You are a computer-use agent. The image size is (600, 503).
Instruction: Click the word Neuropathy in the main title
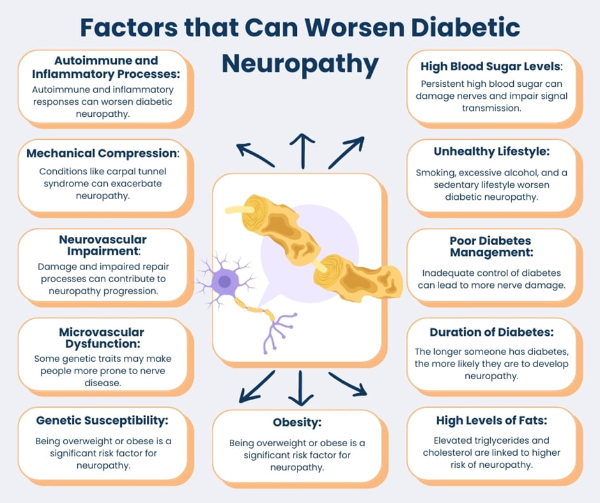(300, 64)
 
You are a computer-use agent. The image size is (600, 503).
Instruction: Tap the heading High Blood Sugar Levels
(491, 66)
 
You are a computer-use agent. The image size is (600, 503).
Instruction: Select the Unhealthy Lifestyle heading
(491, 151)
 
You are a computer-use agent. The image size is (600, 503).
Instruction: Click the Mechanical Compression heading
(103, 153)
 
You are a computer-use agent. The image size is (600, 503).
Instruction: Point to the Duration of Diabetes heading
(491, 332)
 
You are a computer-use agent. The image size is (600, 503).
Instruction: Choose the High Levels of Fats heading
(491, 420)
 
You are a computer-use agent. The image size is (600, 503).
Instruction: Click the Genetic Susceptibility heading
(102, 421)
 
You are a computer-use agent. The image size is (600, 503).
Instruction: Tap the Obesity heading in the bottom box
(297, 423)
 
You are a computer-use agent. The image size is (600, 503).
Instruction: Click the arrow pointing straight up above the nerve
(303, 151)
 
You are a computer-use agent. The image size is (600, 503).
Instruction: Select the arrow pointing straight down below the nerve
(301, 388)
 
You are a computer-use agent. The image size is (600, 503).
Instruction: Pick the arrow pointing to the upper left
(255, 155)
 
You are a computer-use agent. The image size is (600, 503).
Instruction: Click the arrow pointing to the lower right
(348, 384)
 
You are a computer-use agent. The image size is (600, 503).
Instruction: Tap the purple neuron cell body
(225, 282)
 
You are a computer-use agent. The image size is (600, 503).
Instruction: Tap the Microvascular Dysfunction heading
(101, 338)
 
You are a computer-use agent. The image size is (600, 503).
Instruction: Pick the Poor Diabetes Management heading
(491, 246)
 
